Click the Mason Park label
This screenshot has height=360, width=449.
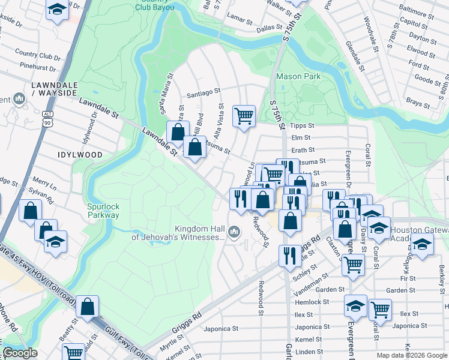(x=298, y=76)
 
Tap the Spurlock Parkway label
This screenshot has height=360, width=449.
(x=103, y=211)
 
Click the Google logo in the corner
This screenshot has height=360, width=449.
(x=20, y=353)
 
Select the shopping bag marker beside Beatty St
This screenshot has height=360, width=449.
(x=88, y=307)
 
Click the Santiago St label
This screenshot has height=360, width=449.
(x=203, y=93)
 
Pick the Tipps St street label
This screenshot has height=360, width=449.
(x=303, y=125)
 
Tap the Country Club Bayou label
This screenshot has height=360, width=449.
(x=155, y=5)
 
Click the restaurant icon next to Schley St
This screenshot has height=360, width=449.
(x=290, y=255)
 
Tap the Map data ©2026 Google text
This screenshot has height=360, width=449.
(x=411, y=355)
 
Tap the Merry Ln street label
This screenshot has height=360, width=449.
(x=44, y=180)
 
